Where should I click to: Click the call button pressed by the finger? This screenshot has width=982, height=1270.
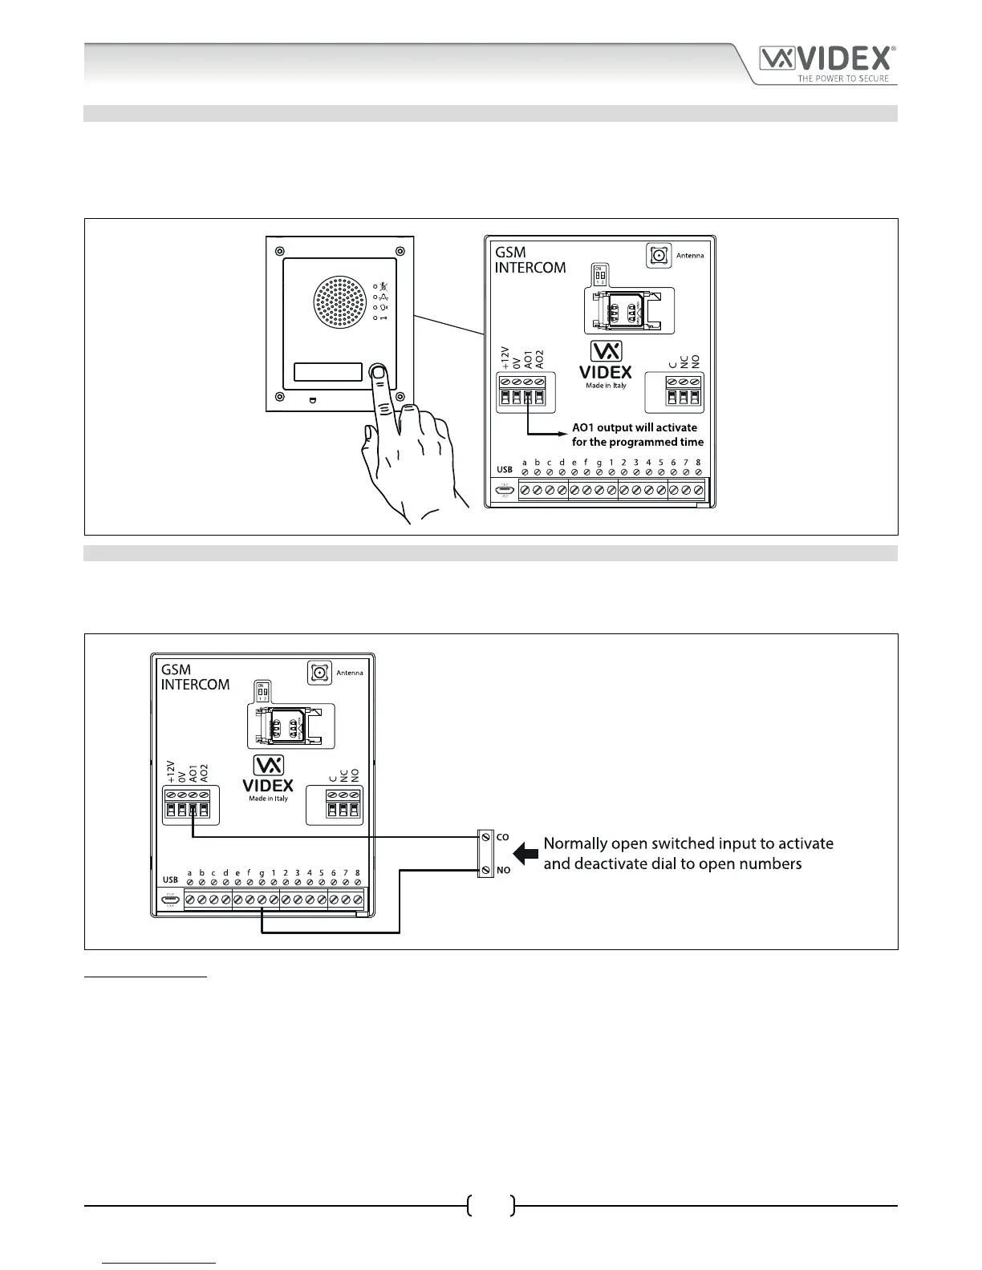[377, 373]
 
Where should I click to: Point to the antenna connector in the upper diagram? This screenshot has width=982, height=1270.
[659, 256]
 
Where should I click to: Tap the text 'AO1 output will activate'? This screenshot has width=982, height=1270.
[635, 427]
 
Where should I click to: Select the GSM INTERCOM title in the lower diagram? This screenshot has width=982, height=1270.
[195, 677]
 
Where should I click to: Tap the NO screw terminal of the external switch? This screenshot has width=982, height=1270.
[485, 870]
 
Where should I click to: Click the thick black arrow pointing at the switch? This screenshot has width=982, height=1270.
[525, 853]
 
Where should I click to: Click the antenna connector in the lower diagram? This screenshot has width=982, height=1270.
[319, 672]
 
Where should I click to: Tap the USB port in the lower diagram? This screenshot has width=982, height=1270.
[169, 900]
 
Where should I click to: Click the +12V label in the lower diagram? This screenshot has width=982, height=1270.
[170, 771]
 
